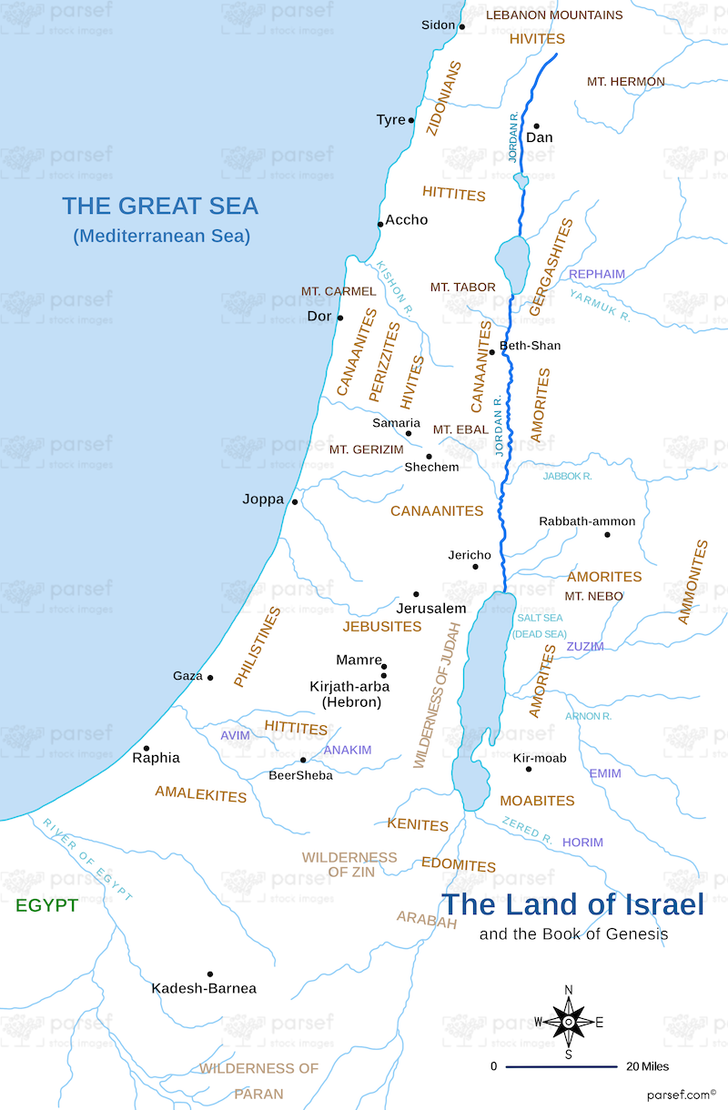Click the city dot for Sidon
[x=461, y=26]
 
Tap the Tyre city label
[x=390, y=120]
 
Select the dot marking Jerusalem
[x=416, y=594]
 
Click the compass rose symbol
[x=569, y=1022]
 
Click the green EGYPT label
[x=46, y=906]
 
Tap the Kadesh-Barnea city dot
[x=210, y=974]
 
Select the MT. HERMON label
[x=625, y=82]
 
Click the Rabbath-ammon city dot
[x=608, y=534]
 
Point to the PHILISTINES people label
[x=257, y=647]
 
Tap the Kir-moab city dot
[x=529, y=769]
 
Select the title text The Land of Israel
[x=572, y=904]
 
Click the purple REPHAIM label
[x=597, y=274]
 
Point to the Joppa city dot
[x=294, y=501]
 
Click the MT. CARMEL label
[x=339, y=291]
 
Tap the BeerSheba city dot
[x=303, y=760]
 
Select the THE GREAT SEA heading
[x=160, y=206]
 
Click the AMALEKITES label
[x=200, y=794]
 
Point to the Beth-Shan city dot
[x=492, y=352]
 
